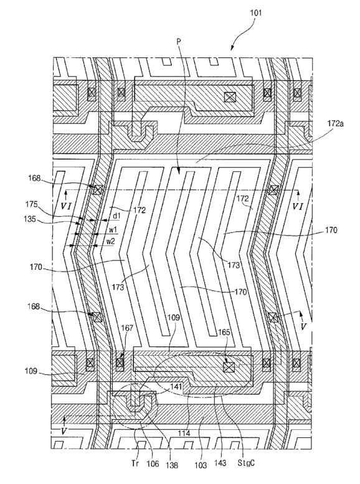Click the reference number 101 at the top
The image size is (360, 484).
256,12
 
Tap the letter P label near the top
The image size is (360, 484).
179,41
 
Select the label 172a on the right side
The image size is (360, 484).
335,124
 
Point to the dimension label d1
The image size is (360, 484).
116,216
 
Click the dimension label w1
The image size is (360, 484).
112,230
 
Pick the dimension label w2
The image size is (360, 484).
110,242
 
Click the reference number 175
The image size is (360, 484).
32,204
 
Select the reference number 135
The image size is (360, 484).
30,219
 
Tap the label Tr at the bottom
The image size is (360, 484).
135,463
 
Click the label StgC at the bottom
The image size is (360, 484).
246,463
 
